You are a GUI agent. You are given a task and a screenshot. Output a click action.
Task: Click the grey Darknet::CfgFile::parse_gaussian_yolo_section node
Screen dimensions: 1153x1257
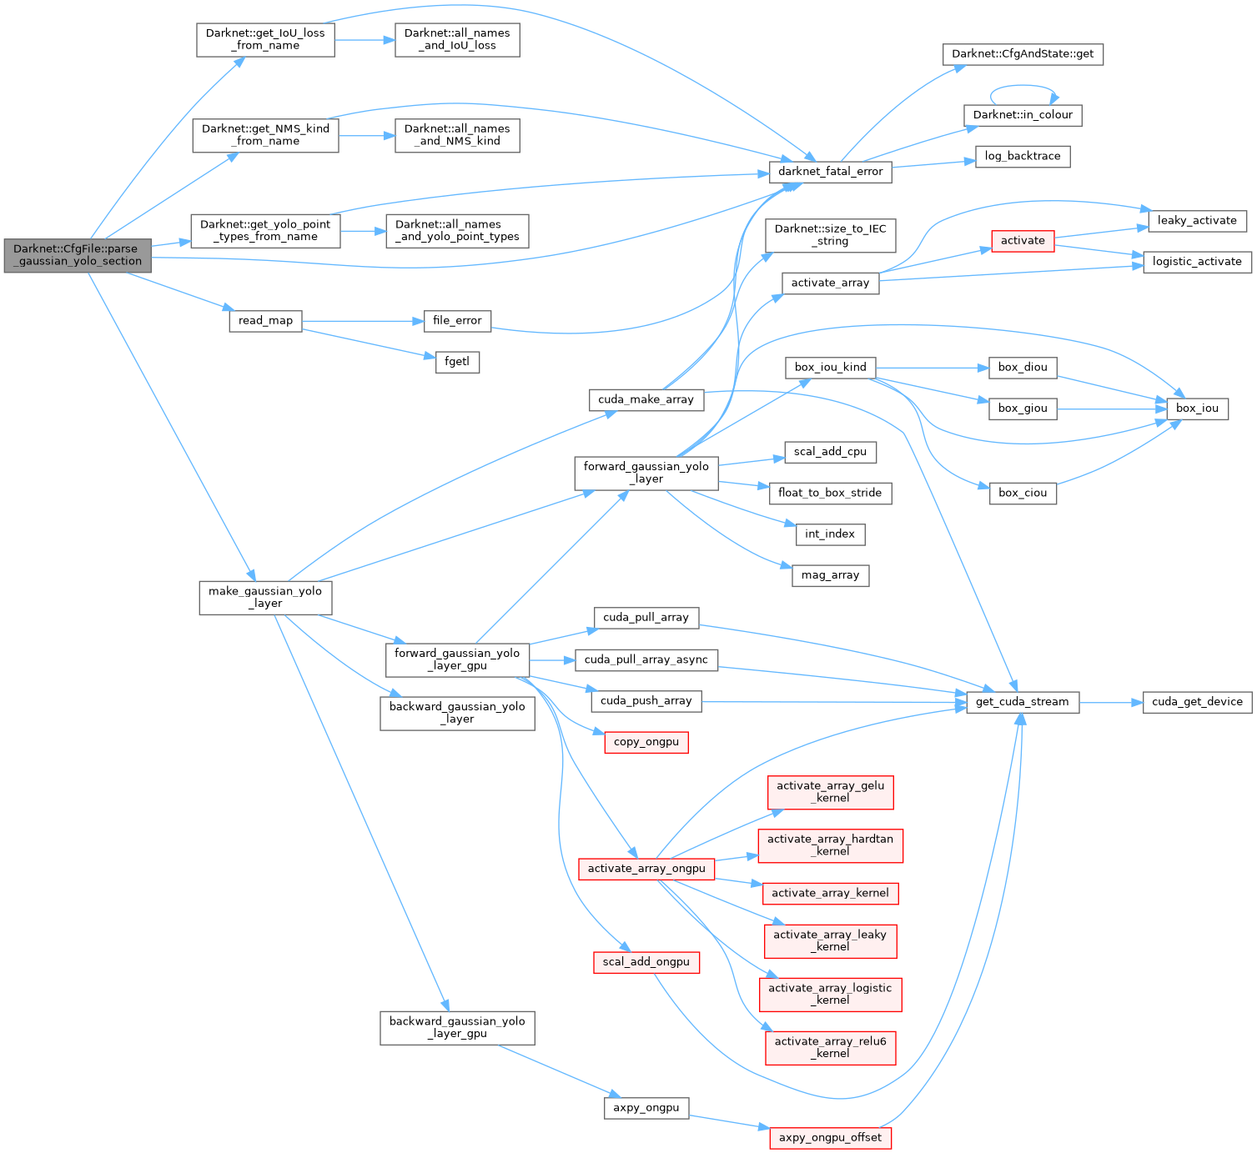78,255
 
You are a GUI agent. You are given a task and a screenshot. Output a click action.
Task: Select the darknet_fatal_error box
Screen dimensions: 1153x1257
830,172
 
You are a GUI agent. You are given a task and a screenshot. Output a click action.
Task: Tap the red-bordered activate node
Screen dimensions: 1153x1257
1023,241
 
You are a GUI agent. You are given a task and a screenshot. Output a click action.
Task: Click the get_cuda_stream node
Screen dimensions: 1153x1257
1022,702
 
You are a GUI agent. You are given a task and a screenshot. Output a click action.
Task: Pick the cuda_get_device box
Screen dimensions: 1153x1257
1197,702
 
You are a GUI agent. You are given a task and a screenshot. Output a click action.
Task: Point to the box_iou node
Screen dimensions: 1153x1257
1197,409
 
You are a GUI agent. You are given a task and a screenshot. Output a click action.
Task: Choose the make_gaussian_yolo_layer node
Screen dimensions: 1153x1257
265,597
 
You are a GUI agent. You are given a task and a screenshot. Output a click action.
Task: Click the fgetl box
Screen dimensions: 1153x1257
457,363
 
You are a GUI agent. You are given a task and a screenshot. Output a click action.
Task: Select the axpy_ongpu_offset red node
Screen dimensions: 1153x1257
830,1138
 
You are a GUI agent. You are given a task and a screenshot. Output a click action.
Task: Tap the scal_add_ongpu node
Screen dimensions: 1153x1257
646,962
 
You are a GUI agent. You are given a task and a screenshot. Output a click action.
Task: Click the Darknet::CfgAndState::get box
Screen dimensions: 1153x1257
1023,54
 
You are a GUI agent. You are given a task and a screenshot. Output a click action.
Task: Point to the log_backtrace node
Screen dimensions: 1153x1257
1022,157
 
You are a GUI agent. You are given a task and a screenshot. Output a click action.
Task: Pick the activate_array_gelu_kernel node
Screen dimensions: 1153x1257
830,792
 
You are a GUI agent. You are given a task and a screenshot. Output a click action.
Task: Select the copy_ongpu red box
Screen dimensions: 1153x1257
646,742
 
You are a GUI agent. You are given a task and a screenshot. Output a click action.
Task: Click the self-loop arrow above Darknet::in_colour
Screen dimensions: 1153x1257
1023,86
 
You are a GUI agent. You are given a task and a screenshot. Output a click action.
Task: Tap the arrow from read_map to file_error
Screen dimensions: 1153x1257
359,321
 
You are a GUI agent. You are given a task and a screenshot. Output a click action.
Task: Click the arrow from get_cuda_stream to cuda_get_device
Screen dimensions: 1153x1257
1110,702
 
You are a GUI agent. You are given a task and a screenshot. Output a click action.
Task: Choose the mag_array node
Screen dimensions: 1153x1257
830,575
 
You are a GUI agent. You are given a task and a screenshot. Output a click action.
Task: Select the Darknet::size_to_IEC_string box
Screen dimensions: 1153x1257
830,235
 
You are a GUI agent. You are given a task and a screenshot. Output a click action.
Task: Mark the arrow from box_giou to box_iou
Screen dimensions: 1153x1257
1109,409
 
